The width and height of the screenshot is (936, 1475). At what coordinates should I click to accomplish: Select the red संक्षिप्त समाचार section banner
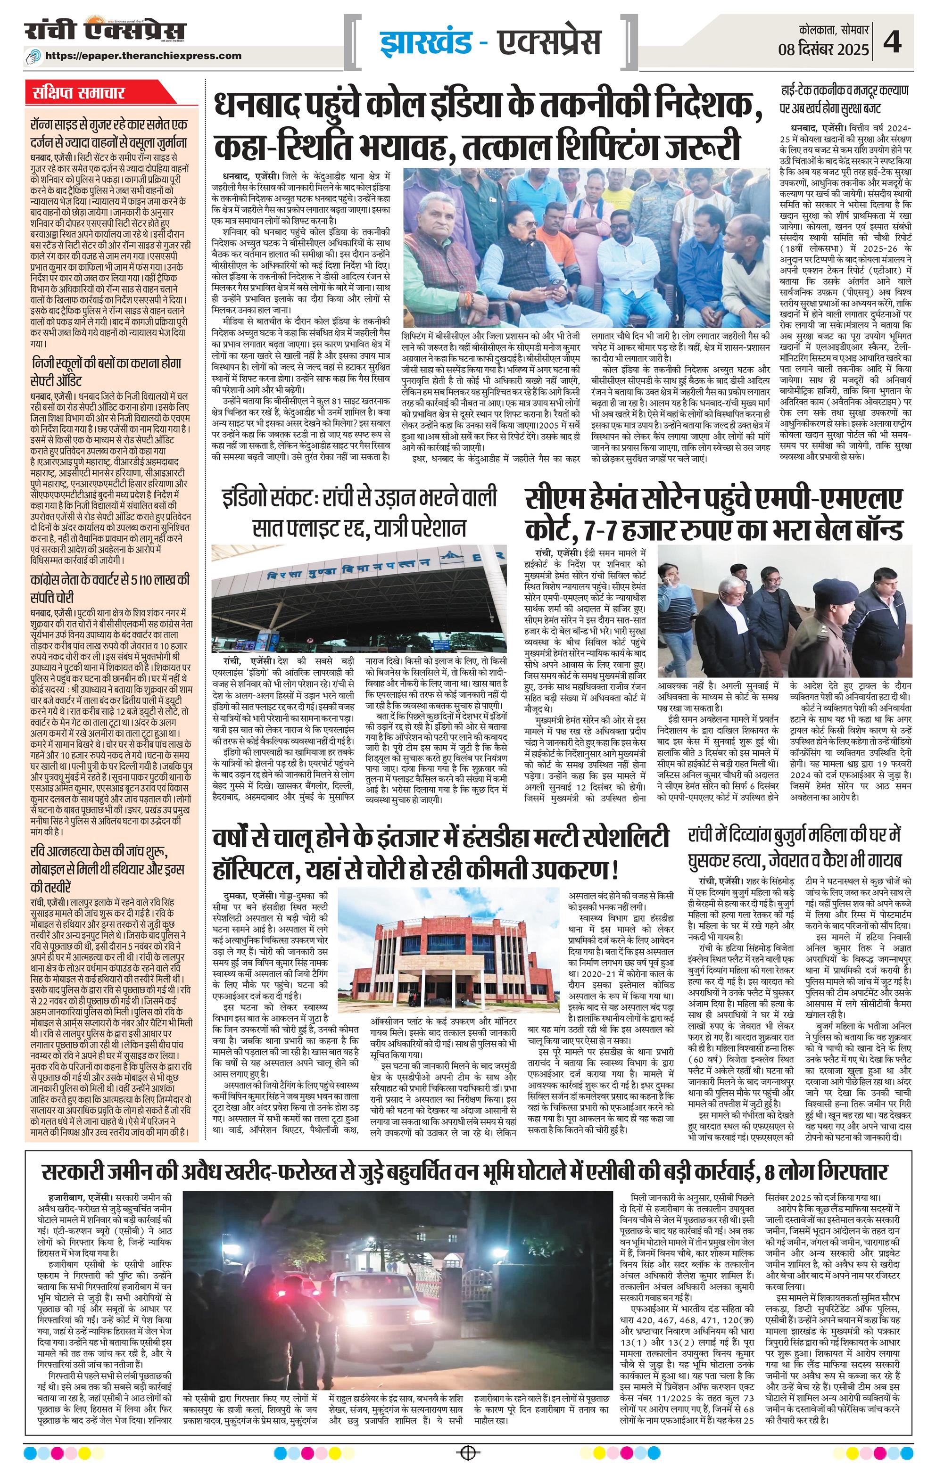[x=80, y=94]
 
